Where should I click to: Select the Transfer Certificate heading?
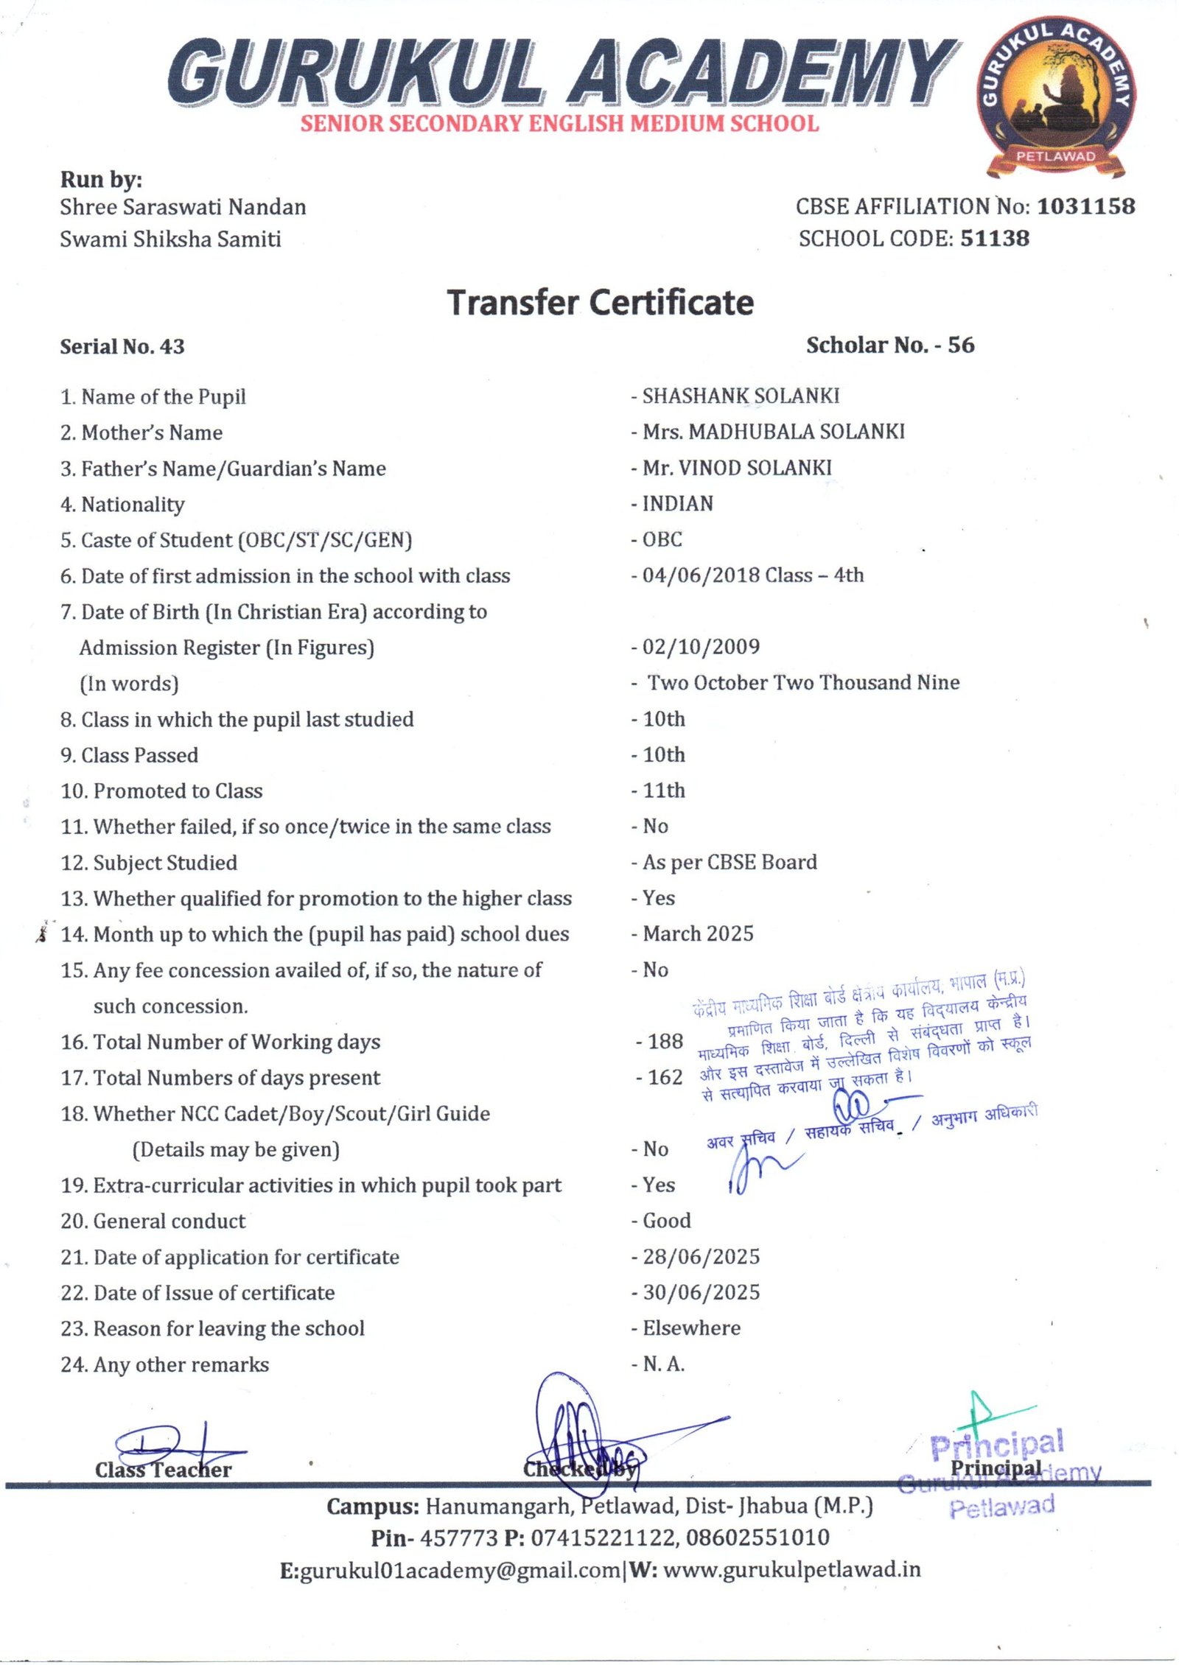click(600, 303)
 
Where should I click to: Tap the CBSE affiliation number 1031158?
click(1085, 207)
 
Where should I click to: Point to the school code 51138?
click(994, 239)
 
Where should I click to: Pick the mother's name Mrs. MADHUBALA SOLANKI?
click(773, 432)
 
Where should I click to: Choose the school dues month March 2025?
click(697, 933)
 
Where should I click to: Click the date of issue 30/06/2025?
click(700, 1292)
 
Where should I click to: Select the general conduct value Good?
click(666, 1221)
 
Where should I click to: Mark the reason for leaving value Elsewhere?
click(691, 1328)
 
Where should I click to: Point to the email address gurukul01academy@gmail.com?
click(461, 1569)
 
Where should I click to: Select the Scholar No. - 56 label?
click(889, 345)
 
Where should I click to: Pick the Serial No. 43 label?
click(122, 346)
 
